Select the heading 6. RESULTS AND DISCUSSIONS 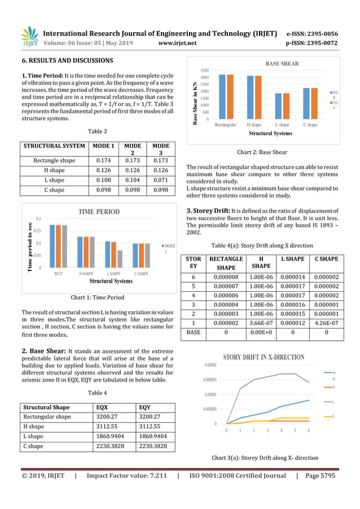pos(67,60)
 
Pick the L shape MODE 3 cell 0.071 pos(160,180)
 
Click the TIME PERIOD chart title pos(99,212)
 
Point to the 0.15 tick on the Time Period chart pos(37,231)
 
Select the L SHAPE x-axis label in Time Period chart pos(112,274)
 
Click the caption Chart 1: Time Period pos(97,297)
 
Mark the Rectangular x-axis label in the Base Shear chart pos(226,125)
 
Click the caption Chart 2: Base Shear pos(262,152)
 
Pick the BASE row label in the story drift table pos(194,333)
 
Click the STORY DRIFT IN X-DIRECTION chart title pos(264,357)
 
